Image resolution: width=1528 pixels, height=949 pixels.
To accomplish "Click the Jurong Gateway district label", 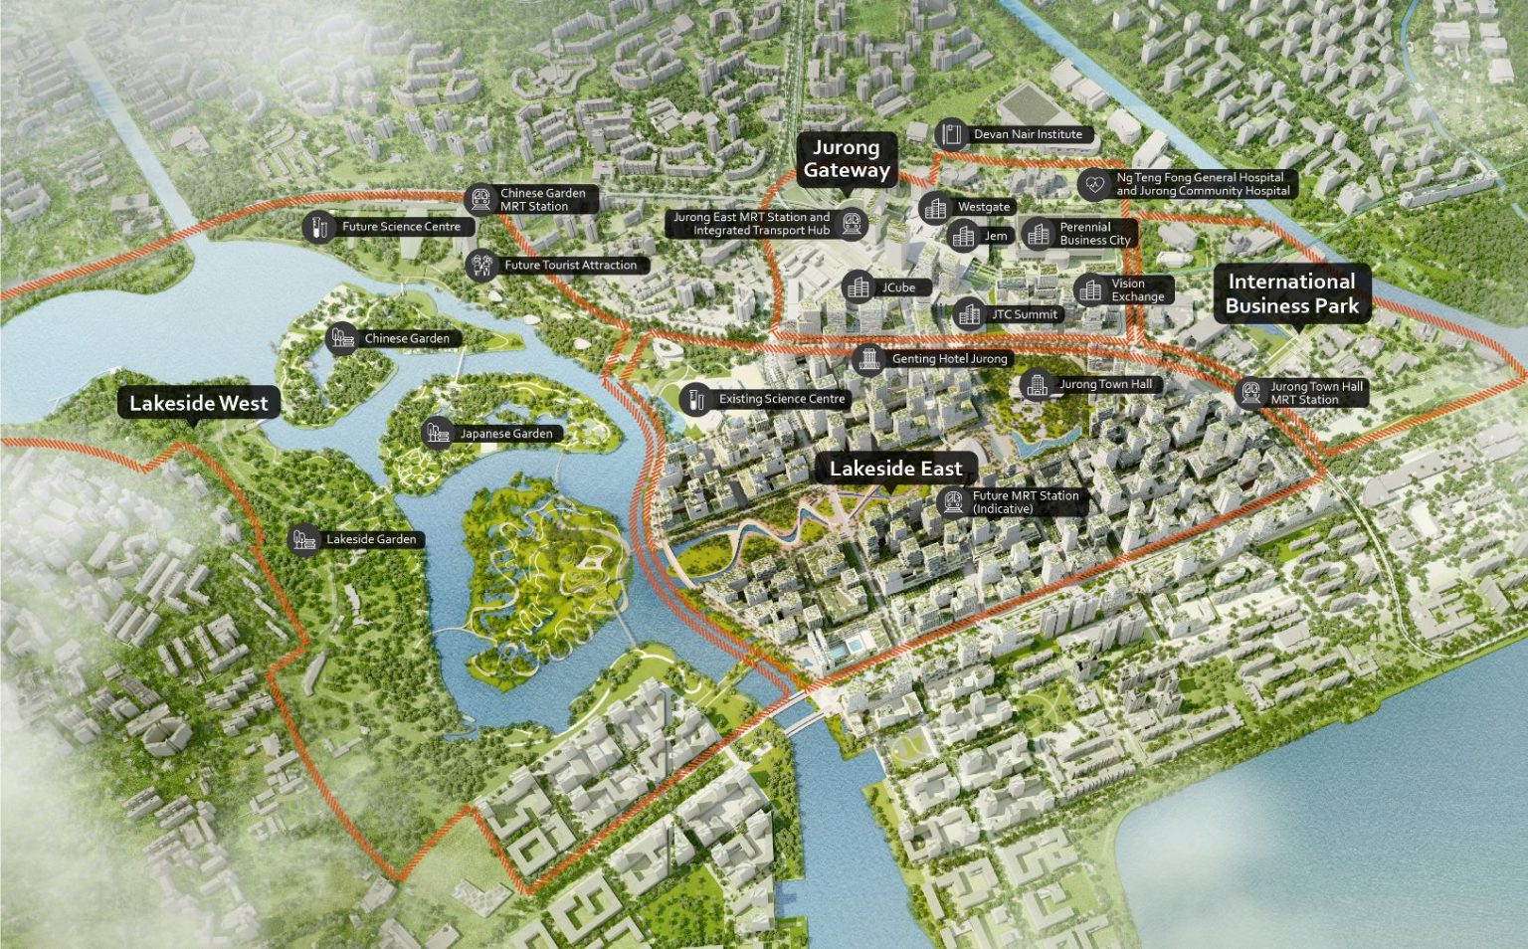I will coord(846,159).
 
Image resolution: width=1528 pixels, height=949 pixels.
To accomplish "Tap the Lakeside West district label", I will coord(199,404).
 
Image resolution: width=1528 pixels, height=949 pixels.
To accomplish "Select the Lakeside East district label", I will coord(895,470).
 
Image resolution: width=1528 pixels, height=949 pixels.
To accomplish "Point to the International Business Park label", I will coord(1291,293).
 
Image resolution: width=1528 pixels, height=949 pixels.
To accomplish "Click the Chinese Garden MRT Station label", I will coord(542,200).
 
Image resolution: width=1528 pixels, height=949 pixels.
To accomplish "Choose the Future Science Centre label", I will coord(401,227).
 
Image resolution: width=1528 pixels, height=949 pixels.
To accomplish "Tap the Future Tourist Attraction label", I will coord(570,266).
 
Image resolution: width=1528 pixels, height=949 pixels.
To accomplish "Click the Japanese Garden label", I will coord(505,434).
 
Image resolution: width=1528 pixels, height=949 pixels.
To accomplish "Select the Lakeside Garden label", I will coord(371,540).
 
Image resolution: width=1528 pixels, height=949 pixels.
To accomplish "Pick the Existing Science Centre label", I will coord(781,399).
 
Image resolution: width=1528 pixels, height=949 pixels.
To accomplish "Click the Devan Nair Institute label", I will coord(1028,134).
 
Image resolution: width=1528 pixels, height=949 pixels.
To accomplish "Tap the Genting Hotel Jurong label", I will coord(949,359).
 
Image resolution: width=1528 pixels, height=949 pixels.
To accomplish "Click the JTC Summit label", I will coord(1024,314).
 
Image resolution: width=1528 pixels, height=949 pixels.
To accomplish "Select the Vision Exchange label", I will coord(1137,290).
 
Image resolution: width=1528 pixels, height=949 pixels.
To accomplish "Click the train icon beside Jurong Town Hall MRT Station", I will coord(1250,394).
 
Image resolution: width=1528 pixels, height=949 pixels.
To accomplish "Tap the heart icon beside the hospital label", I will coord(1094,184).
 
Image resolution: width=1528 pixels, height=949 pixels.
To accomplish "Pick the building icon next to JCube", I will coord(859,288).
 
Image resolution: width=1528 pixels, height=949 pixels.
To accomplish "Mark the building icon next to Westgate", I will coord(934,208).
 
